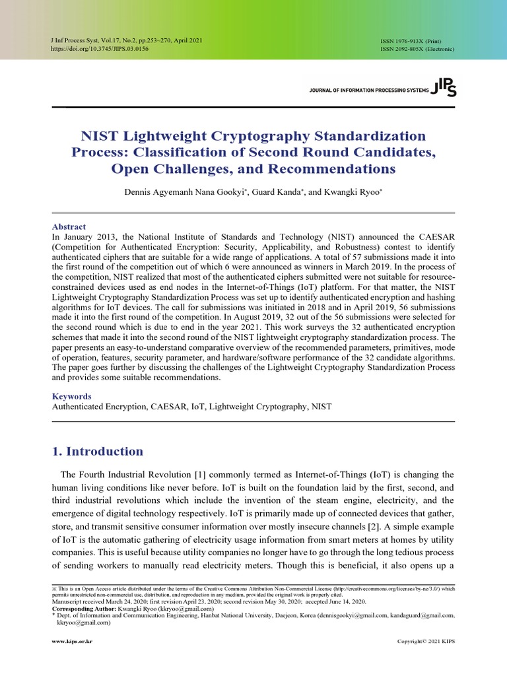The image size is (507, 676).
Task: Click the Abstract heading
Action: click(x=69, y=226)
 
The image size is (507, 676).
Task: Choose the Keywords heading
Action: click(x=71, y=397)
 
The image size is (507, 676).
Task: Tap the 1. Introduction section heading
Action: click(x=97, y=452)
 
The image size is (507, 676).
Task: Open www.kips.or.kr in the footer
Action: click(x=72, y=642)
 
